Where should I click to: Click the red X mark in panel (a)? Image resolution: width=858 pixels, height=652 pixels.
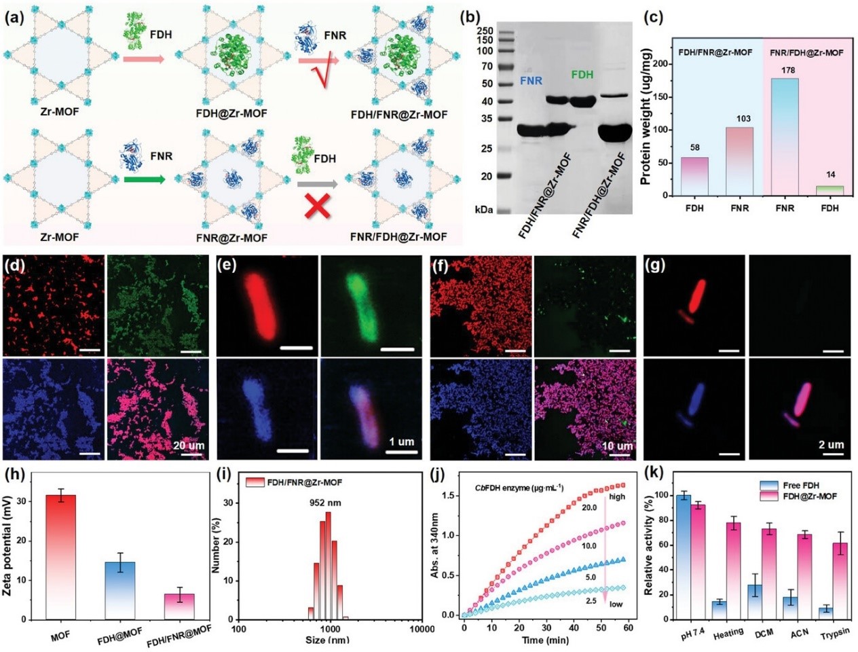pyautogui.click(x=318, y=206)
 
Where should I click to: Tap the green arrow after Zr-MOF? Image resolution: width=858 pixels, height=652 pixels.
pyautogui.click(x=144, y=180)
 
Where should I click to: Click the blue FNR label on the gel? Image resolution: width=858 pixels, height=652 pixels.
pyautogui.click(x=531, y=81)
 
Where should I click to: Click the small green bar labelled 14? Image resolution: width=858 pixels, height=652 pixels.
pyautogui.click(x=829, y=190)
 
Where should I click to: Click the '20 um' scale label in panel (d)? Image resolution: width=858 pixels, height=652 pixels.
pyautogui.click(x=189, y=446)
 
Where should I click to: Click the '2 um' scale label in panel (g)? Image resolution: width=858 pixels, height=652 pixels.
pyautogui.click(x=831, y=445)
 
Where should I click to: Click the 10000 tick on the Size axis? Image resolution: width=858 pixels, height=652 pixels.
pyautogui.click(x=422, y=629)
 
